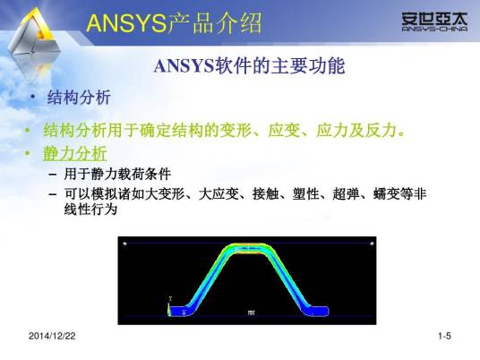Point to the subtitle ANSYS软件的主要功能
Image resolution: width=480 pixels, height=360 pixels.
[x=249, y=67]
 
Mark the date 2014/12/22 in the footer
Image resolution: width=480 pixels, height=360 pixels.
[x=52, y=336]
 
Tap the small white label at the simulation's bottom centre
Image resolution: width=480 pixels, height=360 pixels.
[x=251, y=313]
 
